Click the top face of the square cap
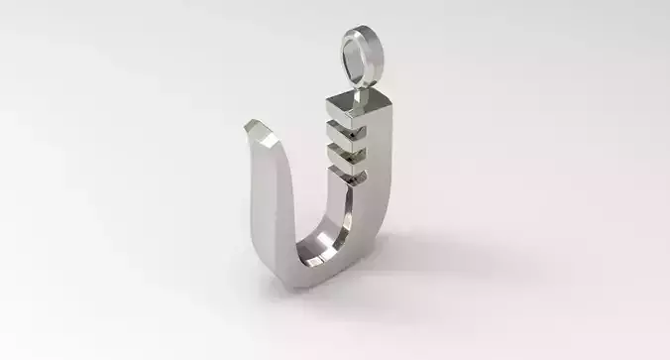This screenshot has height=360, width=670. point(355,99)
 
